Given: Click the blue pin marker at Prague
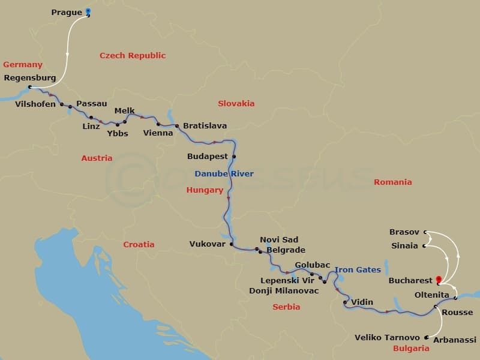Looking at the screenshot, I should tap(88, 11).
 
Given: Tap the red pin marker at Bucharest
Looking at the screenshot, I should tap(439, 280).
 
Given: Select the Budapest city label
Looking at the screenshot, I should tap(208, 157).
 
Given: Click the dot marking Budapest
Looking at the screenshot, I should tap(234, 157).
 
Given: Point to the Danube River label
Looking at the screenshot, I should tap(224, 174).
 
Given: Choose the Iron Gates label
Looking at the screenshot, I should tap(358, 270).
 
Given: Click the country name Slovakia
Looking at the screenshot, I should tap(236, 103).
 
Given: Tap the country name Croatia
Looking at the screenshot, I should tap(139, 244).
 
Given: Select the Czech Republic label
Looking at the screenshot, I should tap(133, 56).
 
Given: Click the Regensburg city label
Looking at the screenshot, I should tap(30, 78).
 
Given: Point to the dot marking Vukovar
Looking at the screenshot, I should tap(231, 244).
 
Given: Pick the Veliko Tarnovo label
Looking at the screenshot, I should tap(388, 338).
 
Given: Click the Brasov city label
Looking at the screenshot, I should tap(404, 232).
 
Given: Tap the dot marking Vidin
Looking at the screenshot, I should tap(345, 302).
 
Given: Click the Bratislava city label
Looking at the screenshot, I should tap(205, 126).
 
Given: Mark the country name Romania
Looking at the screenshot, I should tap(393, 182).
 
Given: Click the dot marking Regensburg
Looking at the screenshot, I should tap(30, 87).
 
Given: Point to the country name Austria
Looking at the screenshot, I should tap(97, 158).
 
